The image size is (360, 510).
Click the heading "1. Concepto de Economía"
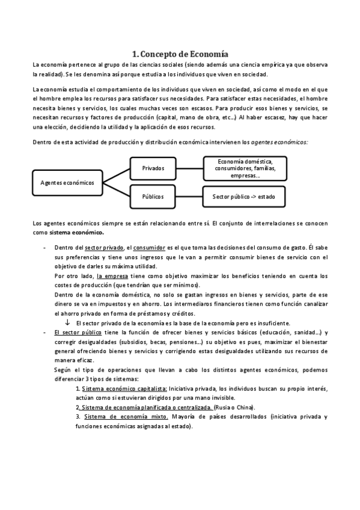pyautogui.click(x=180, y=53)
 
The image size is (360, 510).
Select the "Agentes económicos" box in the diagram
pyautogui.click(x=67, y=183)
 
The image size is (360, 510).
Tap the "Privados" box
pyautogui.click(x=153, y=168)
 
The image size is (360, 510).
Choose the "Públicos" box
pyautogui.click(x=153, y=197)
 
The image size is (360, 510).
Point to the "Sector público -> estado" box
pyautogui.click(x=245, y=197)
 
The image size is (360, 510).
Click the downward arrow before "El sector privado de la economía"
pyautogui.click(x=67, y=322)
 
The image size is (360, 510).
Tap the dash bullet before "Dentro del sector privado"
pyautogui.click(x=44, y=248)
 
